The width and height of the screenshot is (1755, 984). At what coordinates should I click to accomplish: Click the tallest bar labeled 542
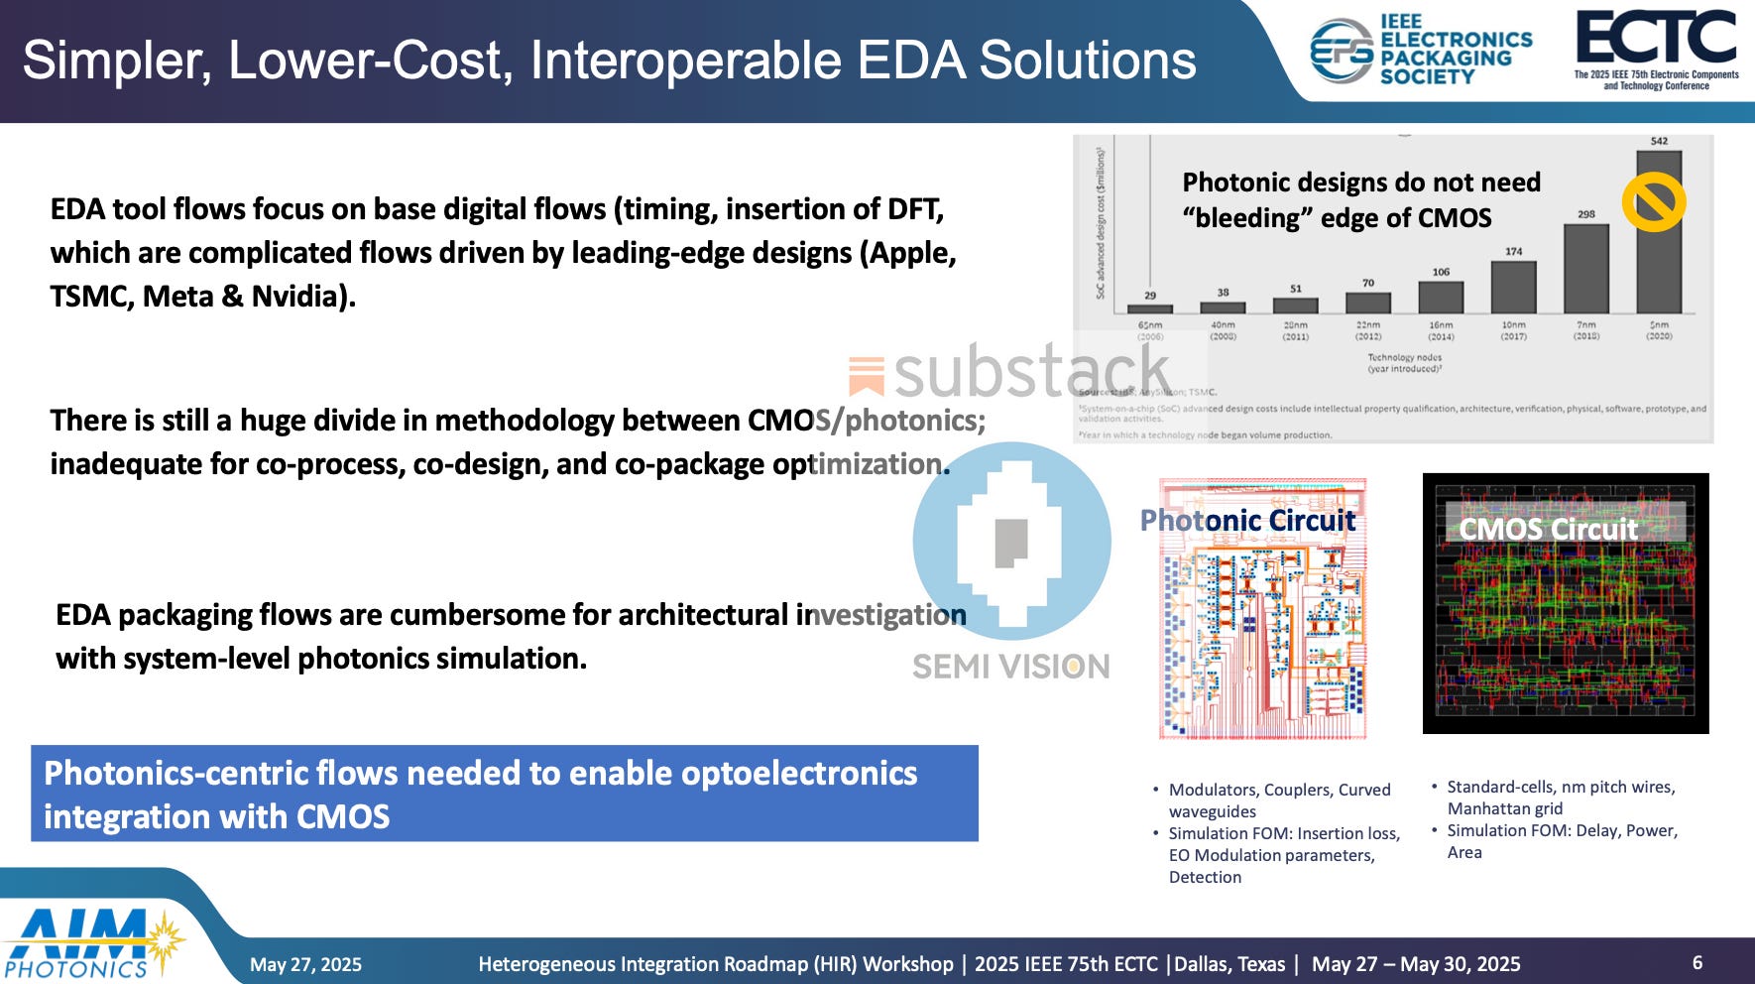point(1659,232)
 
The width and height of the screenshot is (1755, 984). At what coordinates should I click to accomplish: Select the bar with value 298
point(1586,269)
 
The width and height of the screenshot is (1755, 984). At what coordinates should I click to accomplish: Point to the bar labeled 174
point(1513,288)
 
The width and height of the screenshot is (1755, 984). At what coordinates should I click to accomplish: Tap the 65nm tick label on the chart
point(1150,325)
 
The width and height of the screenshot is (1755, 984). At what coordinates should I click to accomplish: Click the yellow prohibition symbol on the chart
point(1653,202)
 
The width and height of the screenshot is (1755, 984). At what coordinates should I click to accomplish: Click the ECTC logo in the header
point(1656,40)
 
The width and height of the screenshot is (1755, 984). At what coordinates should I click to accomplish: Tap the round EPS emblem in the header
point(1341,50)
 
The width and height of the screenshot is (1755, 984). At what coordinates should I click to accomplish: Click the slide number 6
point(1696,962)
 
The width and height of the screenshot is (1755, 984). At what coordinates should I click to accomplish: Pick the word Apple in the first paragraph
point(912,252)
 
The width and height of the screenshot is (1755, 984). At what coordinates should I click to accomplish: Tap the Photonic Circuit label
point(1247,520)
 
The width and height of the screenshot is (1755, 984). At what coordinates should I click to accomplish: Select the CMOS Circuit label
point(1548,529)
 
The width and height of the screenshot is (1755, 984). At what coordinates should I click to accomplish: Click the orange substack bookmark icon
point(866,376)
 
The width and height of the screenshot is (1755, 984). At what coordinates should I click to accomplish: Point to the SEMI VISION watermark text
point(1010,667)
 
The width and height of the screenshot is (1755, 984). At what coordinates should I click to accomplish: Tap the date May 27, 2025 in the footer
point(305,964)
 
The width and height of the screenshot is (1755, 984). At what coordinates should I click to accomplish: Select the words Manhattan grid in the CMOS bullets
point(1504,808)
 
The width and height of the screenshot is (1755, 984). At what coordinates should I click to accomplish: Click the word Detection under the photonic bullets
point(1205,877)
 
